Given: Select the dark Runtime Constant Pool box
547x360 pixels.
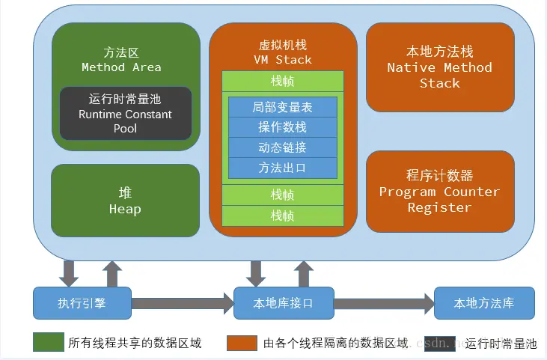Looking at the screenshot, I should [x=126, y=114].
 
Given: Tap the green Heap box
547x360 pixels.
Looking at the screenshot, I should [x=125, y=201].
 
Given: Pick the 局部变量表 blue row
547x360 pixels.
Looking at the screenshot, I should [x=283, y=107].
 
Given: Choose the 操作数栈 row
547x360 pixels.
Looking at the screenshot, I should [x=283, y=126].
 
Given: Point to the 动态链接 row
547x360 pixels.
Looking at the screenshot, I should [x=283, y=147].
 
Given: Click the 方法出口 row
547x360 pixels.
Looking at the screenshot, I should [x=283, y=167].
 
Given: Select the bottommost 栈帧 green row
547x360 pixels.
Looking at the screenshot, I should [x=283, y=216].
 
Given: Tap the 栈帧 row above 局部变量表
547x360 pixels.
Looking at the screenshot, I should [x=283, y=81].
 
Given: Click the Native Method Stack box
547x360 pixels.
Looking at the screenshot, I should [x=439, y=67].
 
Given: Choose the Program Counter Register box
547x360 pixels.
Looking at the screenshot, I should [x=439, y=191].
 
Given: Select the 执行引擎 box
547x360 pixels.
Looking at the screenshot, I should [x=82, y=303].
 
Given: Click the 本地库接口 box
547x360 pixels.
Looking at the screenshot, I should [x=284, y=303].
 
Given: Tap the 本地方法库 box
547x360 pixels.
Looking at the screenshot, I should [x=484, y=303].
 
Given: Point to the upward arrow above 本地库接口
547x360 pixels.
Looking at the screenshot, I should [x=304, y=273].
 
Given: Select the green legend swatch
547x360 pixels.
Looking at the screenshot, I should [x=48, y=343].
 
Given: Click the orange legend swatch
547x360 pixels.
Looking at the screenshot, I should [x=242, y=343].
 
